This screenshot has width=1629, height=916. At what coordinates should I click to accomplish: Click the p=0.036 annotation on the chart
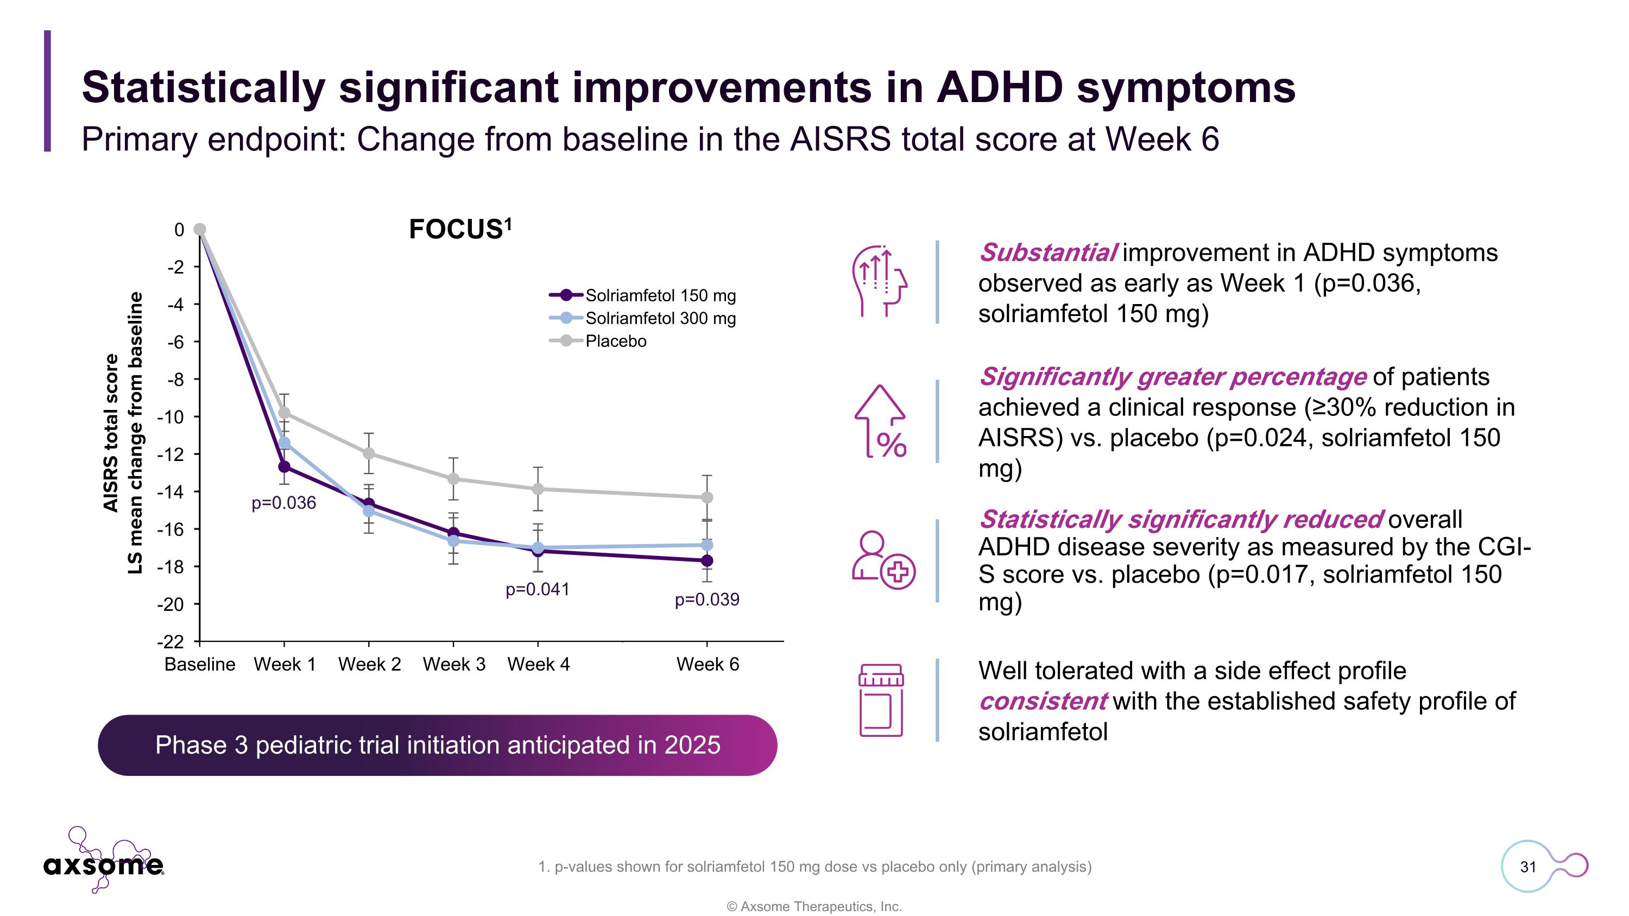coord(283,503)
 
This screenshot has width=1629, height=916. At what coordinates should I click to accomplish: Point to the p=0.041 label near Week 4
coord(538,589)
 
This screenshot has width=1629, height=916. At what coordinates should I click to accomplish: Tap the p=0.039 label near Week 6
coord(706,599)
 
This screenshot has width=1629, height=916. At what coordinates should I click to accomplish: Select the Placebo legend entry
coord(615,342)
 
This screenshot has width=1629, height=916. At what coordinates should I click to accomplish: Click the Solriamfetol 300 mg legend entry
coord(660,318)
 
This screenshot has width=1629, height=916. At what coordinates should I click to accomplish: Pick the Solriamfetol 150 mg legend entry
coord(660,295)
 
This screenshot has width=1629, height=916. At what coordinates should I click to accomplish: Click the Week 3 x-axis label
coord(453,665)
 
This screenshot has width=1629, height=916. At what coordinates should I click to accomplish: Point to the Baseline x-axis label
coord(199,665)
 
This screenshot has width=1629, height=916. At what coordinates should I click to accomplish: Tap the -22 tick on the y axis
coord(171,642)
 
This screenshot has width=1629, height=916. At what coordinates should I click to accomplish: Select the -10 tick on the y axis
coord(171,417)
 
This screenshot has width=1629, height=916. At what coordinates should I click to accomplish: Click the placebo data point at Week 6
coord(707,497)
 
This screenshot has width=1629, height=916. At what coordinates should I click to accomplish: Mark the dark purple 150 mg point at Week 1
coord(284,466)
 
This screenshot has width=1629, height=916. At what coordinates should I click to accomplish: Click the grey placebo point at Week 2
coord(369,453)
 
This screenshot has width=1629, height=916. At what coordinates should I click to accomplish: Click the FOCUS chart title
coord(460,229)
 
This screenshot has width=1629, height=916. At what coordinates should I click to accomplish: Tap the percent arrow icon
coord(881,421)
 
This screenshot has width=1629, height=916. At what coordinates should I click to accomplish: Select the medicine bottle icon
coord(881,700)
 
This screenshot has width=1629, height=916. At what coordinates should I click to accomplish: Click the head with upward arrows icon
coord(880,281)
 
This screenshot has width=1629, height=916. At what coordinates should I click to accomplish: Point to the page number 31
coord(1528,867)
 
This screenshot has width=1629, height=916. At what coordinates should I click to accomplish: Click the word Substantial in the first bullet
coord(1048,253)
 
